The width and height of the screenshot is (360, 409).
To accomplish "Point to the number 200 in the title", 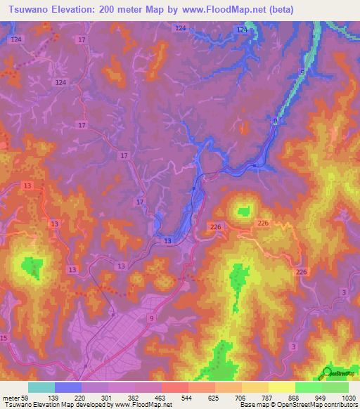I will (x=111, y=10).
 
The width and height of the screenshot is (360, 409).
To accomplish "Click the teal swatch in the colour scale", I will (x=41, y=387).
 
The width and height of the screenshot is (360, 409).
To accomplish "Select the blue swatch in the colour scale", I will (x=68, y=387).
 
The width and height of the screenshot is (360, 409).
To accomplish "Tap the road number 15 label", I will (x=4, y=338).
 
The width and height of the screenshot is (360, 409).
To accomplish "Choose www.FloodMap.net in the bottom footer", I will (x=143, y=405).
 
